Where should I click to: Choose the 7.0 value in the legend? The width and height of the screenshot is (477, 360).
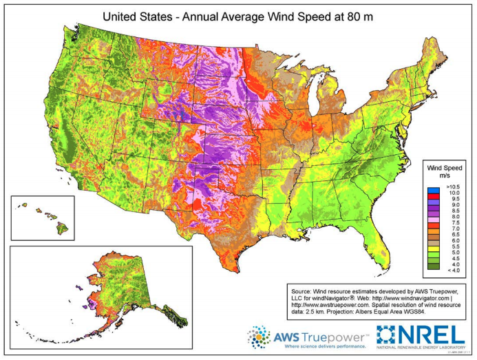[x=447, y=228]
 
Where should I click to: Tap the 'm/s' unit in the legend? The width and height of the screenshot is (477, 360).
[x=445, y=175]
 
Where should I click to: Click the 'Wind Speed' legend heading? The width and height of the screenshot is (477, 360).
[x=445, y=167]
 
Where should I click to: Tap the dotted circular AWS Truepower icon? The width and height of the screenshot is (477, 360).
[x=259, y=337]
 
